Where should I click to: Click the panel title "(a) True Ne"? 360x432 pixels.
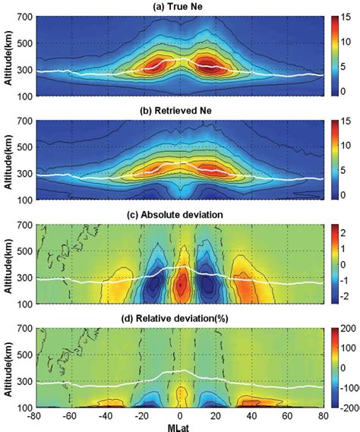click(180, 6)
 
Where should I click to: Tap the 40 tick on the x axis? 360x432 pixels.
click(252, 416)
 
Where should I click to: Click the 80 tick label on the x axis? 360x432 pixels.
click(323, 416)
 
